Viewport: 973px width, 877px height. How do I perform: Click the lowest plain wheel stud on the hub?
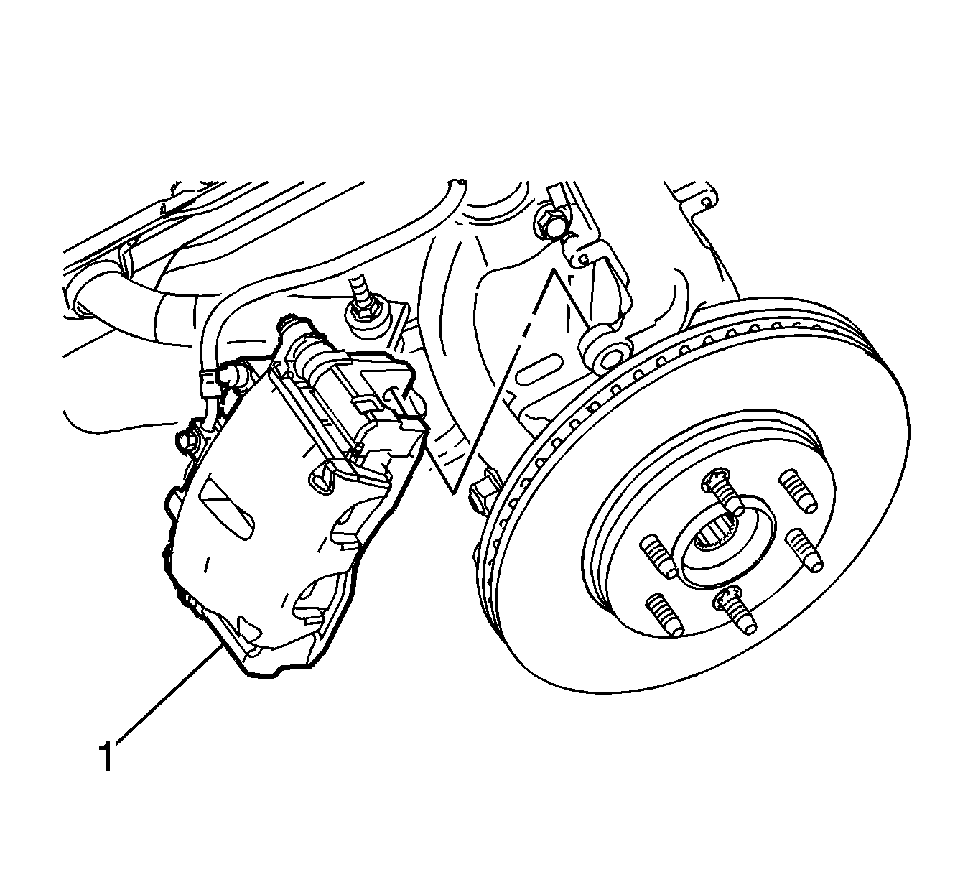coord(665,614)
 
